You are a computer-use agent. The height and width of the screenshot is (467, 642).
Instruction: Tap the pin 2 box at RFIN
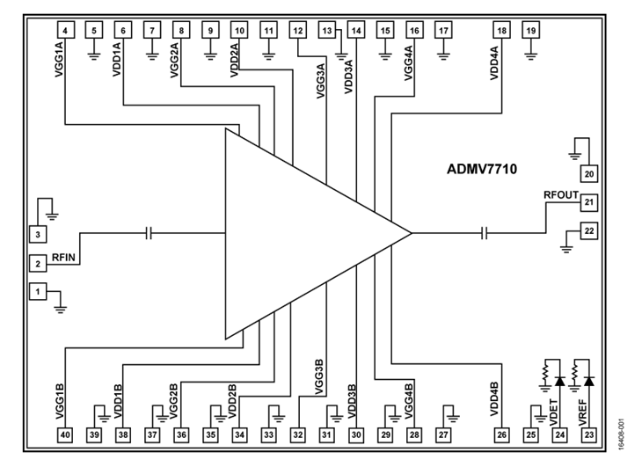point(37,263)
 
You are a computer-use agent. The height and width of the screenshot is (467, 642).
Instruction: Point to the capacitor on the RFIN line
point(150,233)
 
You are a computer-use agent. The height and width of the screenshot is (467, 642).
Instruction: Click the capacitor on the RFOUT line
point(485,233)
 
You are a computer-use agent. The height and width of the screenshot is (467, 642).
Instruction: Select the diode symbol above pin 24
point(558,381)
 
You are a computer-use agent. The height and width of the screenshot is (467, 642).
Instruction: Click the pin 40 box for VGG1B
point(65,434)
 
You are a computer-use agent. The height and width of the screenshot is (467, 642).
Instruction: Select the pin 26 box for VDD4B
point(501,434)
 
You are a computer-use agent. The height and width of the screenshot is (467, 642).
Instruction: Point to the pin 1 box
point(37,290)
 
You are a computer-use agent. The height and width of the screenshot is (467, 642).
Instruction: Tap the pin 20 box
point(589,172)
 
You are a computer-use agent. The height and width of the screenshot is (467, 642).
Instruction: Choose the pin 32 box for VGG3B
point(298,434)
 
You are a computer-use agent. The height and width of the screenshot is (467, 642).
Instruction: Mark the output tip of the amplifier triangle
point(411,233)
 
